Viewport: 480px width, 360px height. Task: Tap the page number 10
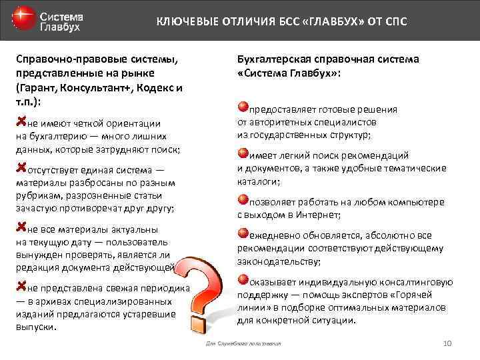click(x=447, y=343)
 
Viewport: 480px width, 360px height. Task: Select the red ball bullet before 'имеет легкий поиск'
click(x=243, y=153)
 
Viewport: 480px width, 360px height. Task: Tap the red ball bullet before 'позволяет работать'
click(x=243, y=199)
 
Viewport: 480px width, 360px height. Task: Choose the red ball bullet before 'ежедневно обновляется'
click(x=243, y=233)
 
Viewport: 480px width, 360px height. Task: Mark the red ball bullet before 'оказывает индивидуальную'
click(x=243, y=280)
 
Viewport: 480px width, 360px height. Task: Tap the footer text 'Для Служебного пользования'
click(x=245, y=343)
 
